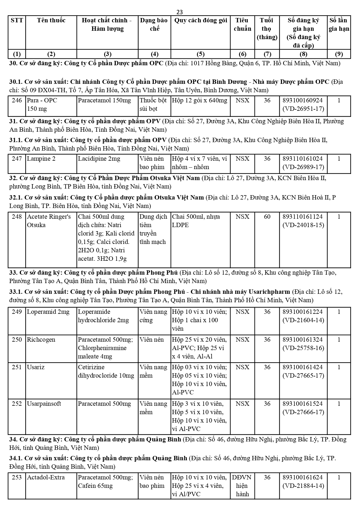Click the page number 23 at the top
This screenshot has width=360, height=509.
180,12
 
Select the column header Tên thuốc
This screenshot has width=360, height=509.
51,20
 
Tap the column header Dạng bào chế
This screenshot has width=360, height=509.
154,24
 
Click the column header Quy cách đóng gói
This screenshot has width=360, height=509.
200,20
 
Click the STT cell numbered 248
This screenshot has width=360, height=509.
17,217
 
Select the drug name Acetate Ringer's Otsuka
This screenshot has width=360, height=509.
49,221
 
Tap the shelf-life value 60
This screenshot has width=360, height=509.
267,217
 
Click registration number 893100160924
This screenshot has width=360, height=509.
303,101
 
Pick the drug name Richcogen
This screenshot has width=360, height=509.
41,340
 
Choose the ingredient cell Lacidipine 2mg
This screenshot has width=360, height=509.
99,159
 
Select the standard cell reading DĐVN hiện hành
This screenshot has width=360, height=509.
242,486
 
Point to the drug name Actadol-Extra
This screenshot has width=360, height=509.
46,477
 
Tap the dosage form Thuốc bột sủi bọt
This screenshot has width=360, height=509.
153,105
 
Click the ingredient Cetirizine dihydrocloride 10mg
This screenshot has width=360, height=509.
106,371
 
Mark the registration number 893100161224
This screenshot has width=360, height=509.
303,312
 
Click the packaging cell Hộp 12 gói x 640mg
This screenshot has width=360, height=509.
200,101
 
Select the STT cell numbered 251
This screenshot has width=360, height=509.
17,367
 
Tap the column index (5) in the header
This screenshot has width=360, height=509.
200,54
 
